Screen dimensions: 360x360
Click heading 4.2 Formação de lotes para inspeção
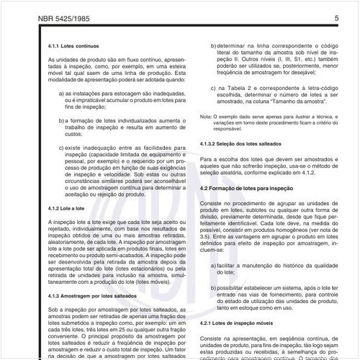coord(252,187)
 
